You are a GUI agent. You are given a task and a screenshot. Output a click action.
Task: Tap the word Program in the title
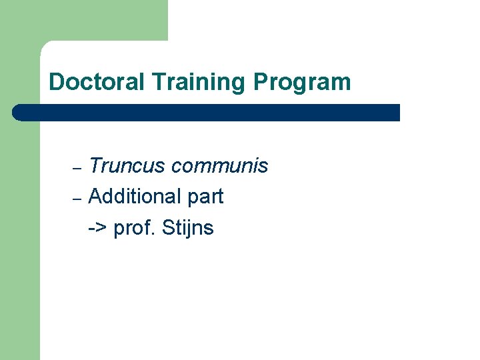coord(302,83)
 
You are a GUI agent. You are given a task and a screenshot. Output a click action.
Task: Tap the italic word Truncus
coord(127,166)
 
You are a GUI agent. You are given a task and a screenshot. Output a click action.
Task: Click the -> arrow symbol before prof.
coord(97,228)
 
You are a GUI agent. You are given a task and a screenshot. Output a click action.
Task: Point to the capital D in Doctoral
coord(56,82)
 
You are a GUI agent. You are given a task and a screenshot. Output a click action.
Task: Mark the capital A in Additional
coord(95,197)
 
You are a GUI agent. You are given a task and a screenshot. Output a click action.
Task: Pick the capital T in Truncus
coord(95,166)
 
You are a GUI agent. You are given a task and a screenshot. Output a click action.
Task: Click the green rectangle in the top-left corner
coord(83,20)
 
